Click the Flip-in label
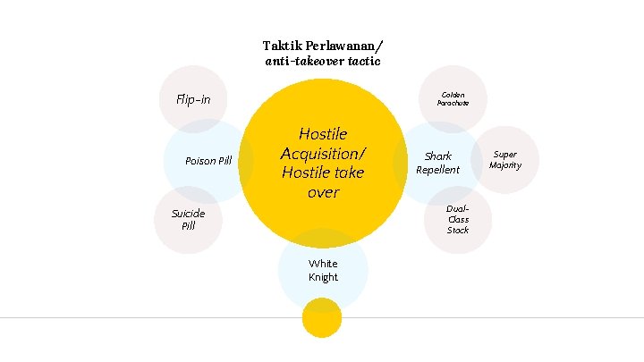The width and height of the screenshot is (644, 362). tap(193, 99)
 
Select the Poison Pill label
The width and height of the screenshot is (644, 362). tap(208, 161)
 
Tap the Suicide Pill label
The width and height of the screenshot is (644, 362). tap(188, 219)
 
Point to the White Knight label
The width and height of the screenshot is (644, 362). tap(323, 270)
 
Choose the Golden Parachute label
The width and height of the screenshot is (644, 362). tap(453, 98)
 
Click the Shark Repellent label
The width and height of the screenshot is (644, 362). tap(437, 163)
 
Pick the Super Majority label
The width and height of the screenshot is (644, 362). tap(505, 160)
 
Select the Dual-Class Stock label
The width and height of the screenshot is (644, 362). tap(458, 219)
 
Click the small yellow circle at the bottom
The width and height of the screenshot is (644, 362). tap(322, 318)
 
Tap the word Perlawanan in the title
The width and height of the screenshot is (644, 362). tap(344, 45)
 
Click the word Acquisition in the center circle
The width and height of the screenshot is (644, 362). tap(322, 153)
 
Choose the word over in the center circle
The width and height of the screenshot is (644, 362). tap(323, 192)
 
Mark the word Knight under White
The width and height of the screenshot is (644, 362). tap(323, 277)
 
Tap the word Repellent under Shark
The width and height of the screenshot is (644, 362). tap(437, 170)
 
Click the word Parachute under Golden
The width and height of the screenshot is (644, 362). tap(453, 103)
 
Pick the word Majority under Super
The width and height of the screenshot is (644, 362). tap(505, 165)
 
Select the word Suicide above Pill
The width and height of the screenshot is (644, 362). tap(189, 213)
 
